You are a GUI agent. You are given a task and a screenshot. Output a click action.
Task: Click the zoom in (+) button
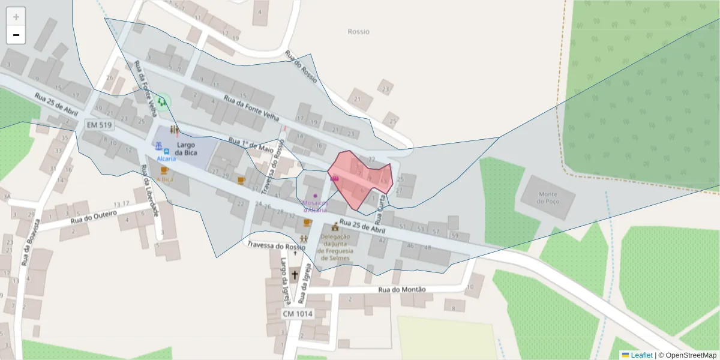click(x=16, y=17)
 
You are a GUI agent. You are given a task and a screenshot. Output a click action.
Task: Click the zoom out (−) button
click(x=16, y=35)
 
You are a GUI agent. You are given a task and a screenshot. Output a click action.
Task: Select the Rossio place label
click(x=359, y=32)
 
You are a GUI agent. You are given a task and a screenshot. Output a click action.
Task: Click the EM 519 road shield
click(x=100, y=125)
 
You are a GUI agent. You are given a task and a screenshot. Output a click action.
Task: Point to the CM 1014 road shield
click(x=298, y=314)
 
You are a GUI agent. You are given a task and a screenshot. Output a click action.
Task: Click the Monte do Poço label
click(x=548, y=198)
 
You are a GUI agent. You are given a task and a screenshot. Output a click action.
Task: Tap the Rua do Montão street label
click(x=402, y=290)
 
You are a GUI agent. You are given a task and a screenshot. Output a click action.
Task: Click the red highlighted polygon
click(x=360, y=180)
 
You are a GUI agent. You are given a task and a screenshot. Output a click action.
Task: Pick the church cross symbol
click(x=295, y=275)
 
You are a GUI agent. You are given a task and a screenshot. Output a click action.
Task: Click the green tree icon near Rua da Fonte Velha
click(x=161, y=101)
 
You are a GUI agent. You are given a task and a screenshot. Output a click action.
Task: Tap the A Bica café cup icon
click(x=164, y=170)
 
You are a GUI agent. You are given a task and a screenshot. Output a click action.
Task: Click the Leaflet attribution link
click(x=641, y=355)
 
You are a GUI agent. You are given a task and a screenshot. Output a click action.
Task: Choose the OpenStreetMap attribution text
click(x=687, y=355)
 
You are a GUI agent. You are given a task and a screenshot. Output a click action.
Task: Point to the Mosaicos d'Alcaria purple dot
click(x=315, y=196)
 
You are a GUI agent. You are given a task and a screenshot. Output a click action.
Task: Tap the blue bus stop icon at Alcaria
click(x=166, y=151)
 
